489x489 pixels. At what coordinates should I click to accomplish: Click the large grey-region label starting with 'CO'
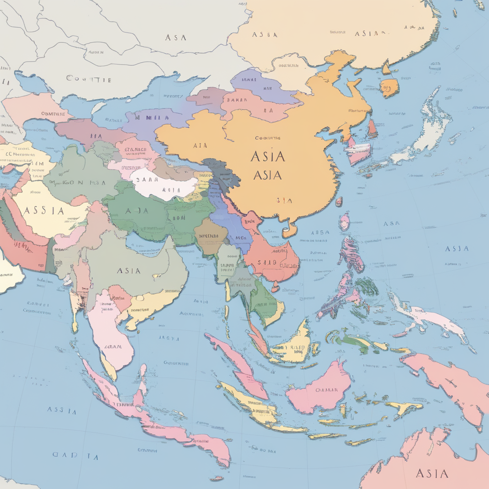point(89,79)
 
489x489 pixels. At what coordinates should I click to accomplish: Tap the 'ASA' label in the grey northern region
point(175,37)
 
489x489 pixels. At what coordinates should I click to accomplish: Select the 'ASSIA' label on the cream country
point(43,211)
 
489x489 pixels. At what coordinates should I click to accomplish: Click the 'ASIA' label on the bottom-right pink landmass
point(432,473)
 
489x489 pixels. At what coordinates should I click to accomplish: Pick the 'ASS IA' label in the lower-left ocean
point(62,410)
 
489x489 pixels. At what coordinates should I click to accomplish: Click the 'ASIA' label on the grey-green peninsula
point(128,271)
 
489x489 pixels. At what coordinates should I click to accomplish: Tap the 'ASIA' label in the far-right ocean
point(457,248)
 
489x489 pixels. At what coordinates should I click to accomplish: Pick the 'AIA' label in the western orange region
point(200,146)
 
